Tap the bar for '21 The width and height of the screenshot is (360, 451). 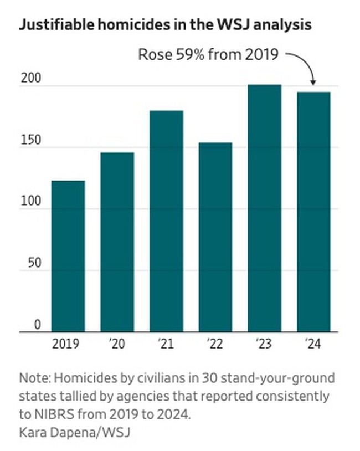tap(166, 221)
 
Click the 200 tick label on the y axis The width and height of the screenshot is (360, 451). tap(30, 79)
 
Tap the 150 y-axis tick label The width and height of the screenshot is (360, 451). tap(30, 141)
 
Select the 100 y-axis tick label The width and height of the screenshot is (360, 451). tap(30, 202)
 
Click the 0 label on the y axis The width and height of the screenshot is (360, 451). tap(37, 325)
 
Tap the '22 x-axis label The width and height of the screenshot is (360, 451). tap(215, 345)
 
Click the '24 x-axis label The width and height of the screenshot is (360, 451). tap(313, 345)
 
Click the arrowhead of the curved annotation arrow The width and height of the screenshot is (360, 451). tap(313, 83)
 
